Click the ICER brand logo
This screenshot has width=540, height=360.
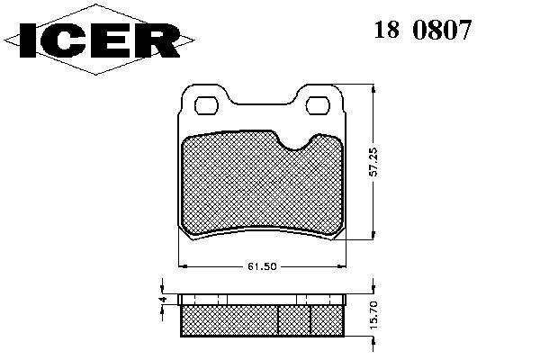99,40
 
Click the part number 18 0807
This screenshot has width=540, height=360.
422,30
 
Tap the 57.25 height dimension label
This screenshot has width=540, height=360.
373,162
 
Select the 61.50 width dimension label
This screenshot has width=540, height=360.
262,266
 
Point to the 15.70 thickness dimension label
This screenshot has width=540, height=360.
373,315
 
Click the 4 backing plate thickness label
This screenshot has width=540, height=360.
164,299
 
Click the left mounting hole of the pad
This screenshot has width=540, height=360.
207,105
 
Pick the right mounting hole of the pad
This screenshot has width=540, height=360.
319,105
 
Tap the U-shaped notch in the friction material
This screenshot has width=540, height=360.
294,143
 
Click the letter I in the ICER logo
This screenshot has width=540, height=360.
28,40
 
